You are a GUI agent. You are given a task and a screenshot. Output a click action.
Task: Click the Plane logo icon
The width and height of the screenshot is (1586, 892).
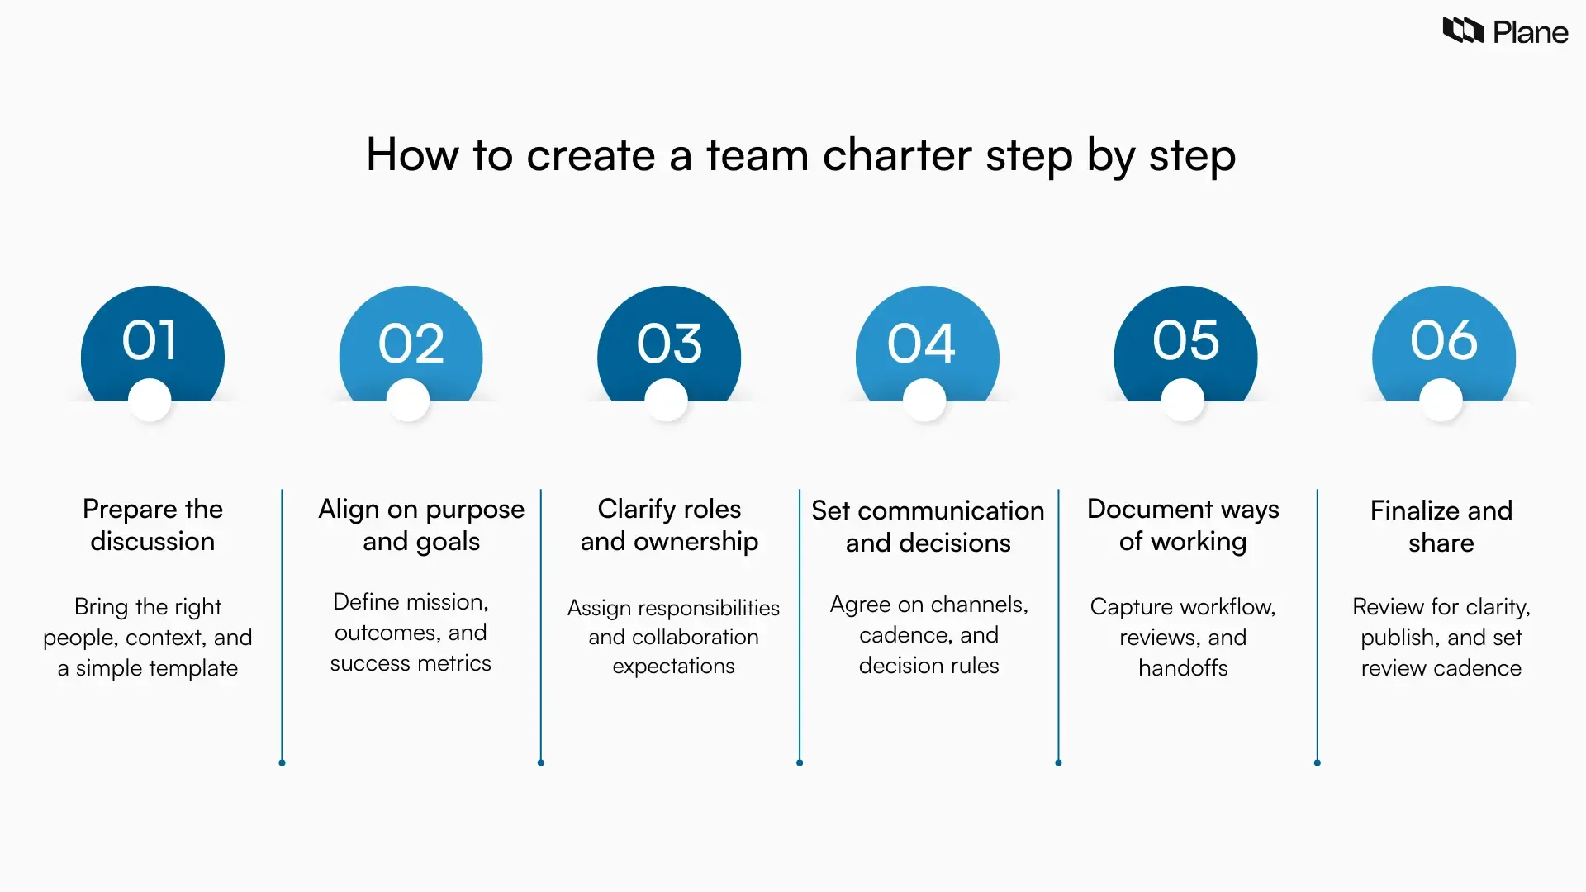point(1463,31)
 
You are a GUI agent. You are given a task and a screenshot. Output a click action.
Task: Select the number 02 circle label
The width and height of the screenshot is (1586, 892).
point(411,343)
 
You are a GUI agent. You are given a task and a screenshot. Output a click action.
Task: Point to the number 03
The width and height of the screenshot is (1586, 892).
point(669,343)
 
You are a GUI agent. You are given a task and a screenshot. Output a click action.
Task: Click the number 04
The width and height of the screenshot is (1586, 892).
point(921,343)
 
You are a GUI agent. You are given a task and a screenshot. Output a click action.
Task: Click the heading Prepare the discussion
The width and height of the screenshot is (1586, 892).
point(153,524)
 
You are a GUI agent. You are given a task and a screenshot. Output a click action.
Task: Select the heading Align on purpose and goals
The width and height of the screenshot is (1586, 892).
point(421,524)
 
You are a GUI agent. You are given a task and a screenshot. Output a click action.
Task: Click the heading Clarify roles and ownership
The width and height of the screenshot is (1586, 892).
point(669,524)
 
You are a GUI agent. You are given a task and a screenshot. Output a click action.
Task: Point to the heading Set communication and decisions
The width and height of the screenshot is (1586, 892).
point(928,526)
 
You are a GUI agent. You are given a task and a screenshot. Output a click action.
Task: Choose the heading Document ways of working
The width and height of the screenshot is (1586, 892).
point(1183,524)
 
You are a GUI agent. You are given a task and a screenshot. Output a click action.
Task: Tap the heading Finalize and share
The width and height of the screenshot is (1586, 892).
point(1441,526)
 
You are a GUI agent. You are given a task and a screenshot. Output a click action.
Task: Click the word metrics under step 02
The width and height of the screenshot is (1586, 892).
point(455,663)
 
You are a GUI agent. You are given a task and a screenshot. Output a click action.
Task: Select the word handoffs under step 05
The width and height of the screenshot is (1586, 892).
point(1183,667)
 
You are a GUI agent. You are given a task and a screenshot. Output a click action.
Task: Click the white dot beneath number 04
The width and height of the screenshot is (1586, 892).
point(924,400)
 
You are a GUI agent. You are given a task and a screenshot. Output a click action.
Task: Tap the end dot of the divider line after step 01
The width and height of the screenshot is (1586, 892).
point(282,762)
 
